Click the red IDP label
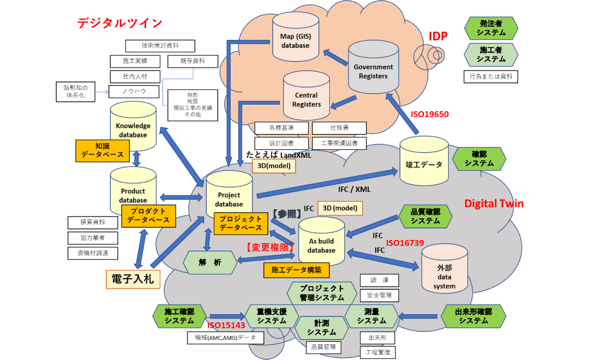438,37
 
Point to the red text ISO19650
429,115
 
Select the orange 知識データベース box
103,151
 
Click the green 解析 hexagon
210,262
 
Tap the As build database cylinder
321,243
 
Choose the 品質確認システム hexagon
425,217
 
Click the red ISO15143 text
226,325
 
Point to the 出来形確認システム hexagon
473,316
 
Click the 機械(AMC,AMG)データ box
225,338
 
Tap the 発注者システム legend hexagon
491,28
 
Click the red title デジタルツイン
120,23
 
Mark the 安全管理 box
379,296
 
